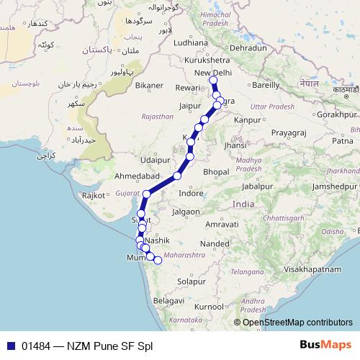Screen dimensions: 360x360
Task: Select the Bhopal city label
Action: coord(217,172)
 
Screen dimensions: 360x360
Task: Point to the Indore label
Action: coord(191,194)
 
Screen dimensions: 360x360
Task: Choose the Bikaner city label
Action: coord(149,85)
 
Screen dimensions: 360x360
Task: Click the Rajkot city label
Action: coord(94,195)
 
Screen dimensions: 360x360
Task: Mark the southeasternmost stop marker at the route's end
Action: coord(158,261)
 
